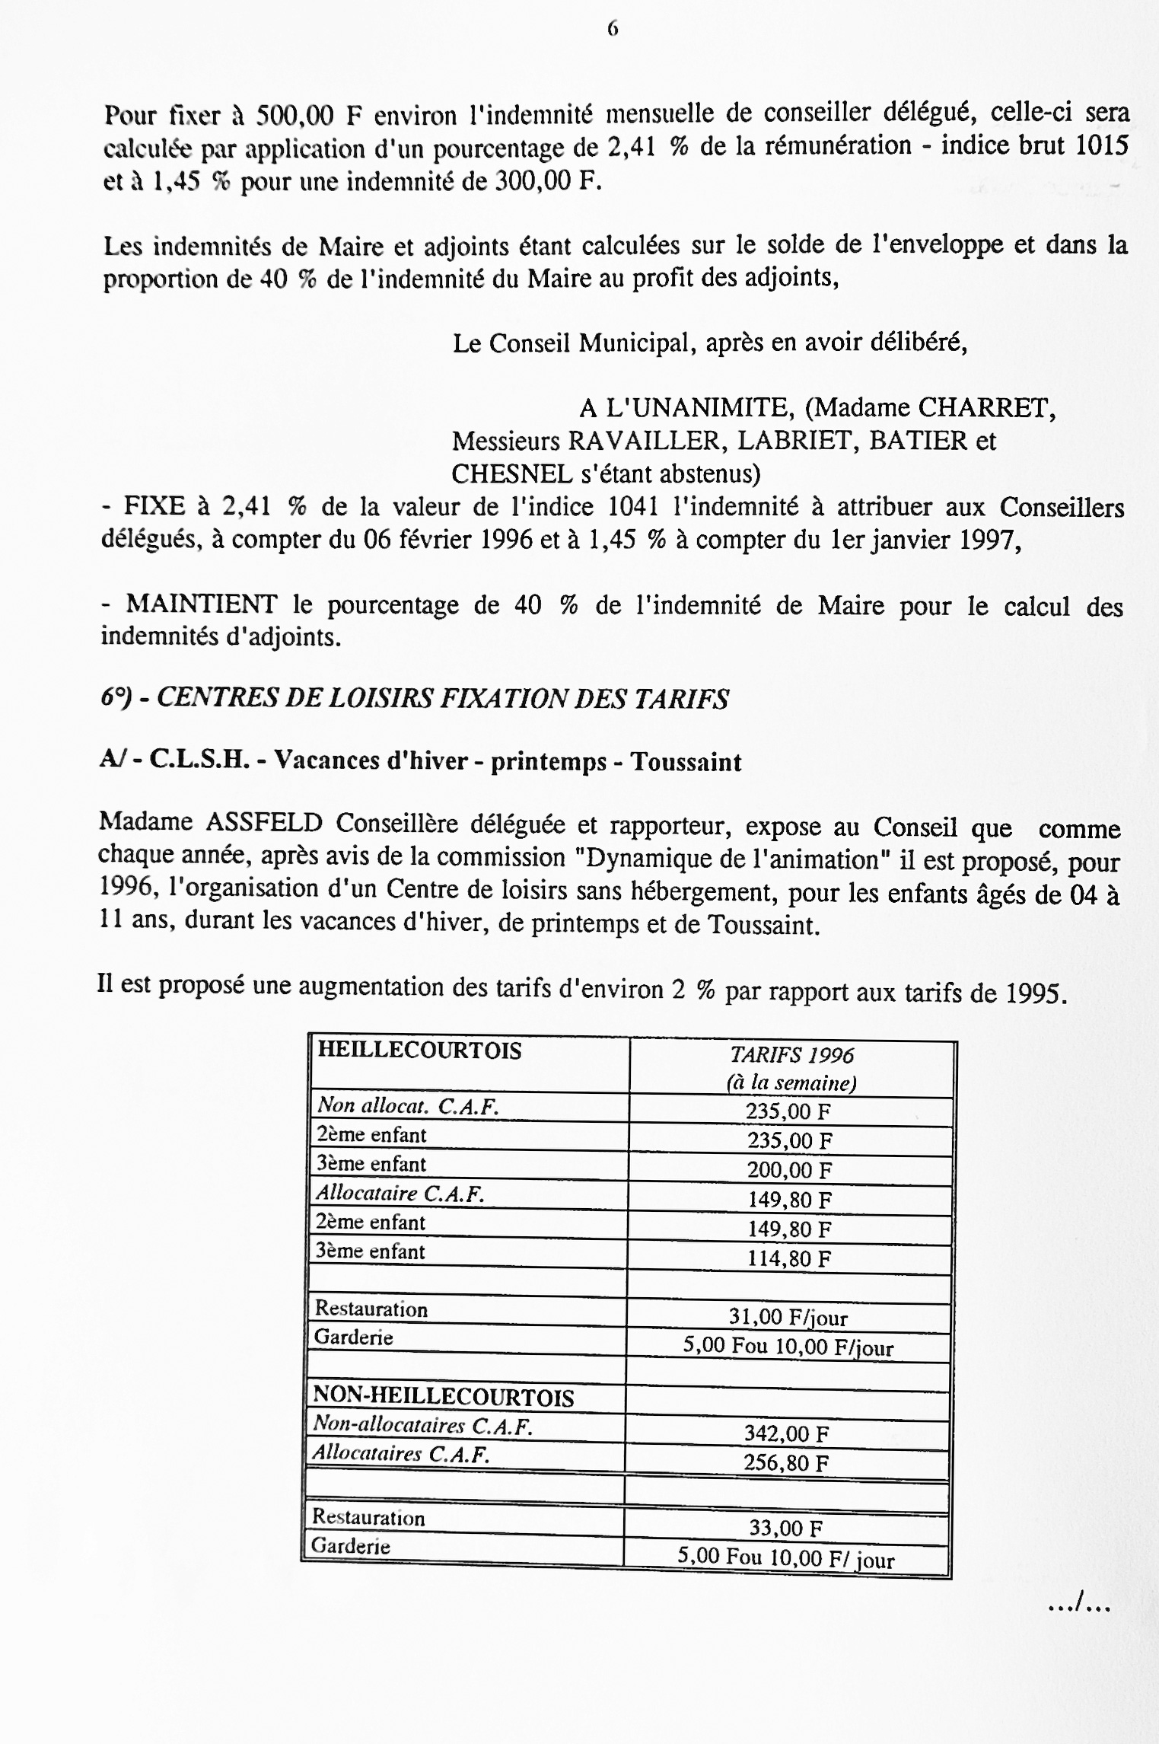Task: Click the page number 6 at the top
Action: tap(613, 28)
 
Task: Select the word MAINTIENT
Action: tap(201, 604)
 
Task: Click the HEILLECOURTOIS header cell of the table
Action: tap(419, 1051)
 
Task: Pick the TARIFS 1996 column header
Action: tap(791, 1055)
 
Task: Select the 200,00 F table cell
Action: tap(789, 1170)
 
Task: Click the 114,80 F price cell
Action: tap(789, 1258)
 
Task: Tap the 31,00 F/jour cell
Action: tap(788, 1317)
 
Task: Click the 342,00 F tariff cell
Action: tap(786, 1434)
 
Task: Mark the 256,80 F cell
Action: tap(786, 1463)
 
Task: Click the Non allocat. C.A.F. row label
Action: tap(407, 1106)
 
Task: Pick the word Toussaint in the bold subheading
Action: tap(686, 762)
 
